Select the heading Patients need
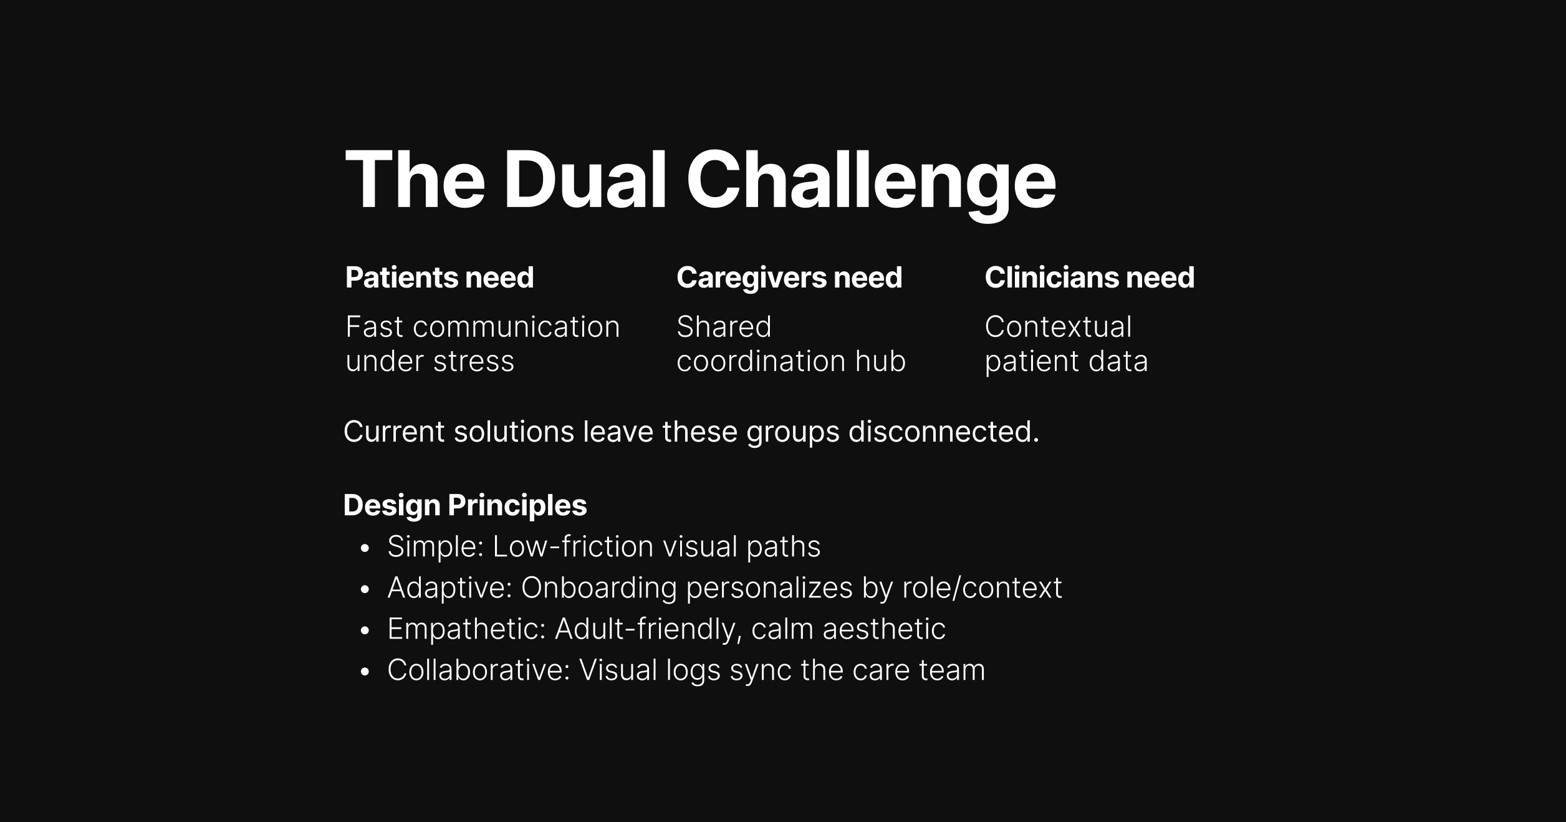440,278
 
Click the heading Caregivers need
789,278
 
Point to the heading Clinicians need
1089,278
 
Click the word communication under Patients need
516,327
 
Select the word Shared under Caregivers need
724,327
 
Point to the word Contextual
1058,327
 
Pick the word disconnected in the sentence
943,432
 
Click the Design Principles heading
465,505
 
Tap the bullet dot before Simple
365,549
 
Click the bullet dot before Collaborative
365,672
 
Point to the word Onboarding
598,588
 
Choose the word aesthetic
883,629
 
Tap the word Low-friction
573,547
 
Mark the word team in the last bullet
952,670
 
